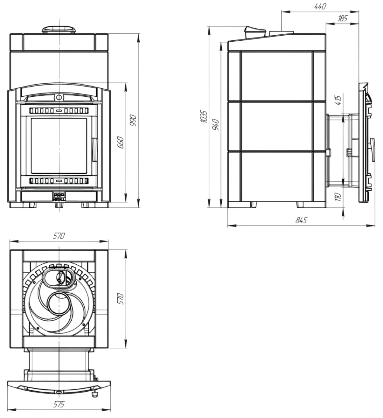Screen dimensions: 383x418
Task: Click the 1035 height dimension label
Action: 203,116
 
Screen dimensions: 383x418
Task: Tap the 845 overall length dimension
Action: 301,220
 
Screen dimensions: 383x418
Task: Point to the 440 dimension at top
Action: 320,7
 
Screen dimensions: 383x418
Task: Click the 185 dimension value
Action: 342,19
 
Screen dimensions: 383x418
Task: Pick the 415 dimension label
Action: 338,100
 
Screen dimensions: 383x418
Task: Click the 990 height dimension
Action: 133,120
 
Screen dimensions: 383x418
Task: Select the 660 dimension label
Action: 120,142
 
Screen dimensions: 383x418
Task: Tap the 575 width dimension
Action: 59,404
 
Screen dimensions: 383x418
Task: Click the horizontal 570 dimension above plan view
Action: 59,236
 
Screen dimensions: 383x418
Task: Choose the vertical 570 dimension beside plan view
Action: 120,299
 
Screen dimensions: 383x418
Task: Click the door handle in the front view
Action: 95,149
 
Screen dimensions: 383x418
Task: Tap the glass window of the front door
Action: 59,146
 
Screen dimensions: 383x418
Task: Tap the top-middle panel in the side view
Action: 276,76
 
